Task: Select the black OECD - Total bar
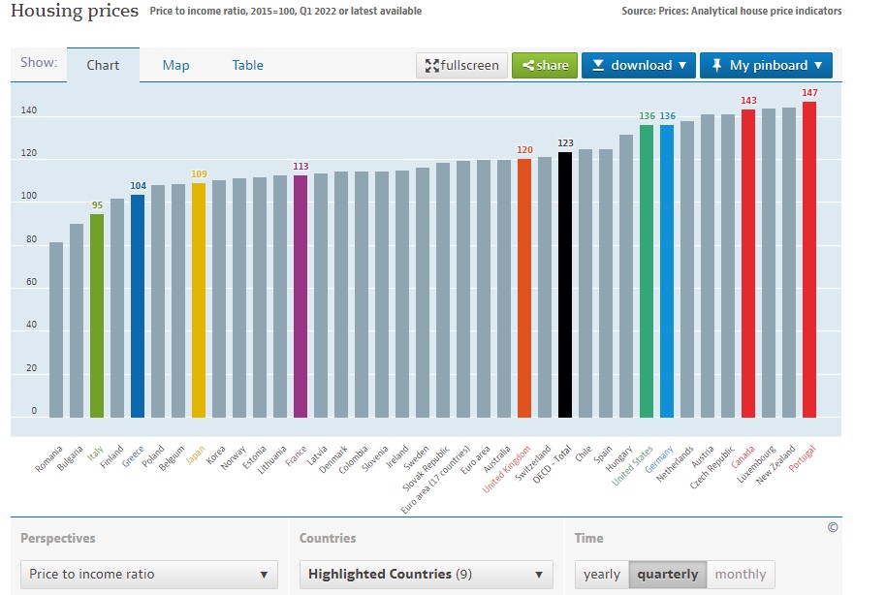[565, 285]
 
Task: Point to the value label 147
[808, 93]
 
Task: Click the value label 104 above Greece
[138, 185]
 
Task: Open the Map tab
[175, 65]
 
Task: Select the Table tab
[247, 65]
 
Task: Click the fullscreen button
[461, 66]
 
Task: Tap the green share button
[545, 66]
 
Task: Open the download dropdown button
[638, 66]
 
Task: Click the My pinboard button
[766, 66]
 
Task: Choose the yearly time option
[601, 574]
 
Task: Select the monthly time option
[740, 574]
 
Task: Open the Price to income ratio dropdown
[148, 574]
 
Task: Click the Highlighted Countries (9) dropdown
[427, 574]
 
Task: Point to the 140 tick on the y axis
[28, 111]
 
